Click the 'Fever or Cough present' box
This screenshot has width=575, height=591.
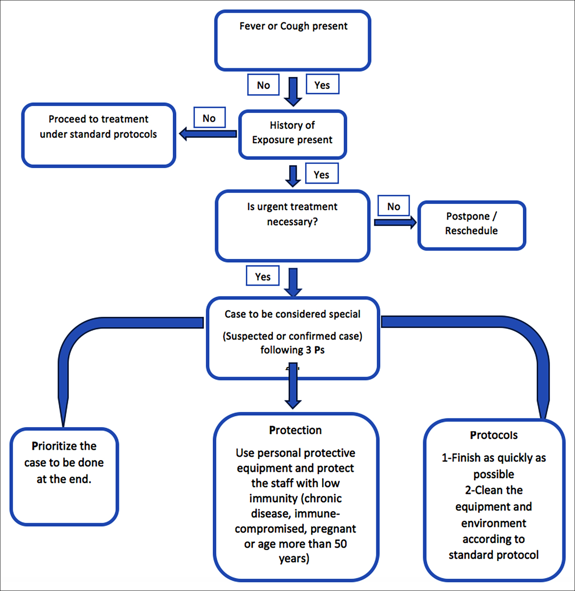click(293, 41)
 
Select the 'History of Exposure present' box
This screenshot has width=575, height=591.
click(293, 134)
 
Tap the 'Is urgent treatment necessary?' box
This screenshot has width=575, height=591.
click(293, 226)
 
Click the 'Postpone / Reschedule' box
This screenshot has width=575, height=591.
click(472, 225)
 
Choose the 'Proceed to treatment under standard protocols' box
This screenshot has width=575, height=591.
click(99, 135)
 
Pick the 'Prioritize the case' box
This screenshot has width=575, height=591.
click(64, 476)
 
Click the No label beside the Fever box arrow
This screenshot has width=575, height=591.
click(264, 85)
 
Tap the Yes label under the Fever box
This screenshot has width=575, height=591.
click(322, 85)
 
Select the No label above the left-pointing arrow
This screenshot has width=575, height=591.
click(209, 118)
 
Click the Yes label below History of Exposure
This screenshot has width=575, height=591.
click(322, 174)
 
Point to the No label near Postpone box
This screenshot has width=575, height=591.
click(393, 206)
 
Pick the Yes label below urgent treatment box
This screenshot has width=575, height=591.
click(263, 276)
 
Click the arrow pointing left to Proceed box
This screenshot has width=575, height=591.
click(208, 134)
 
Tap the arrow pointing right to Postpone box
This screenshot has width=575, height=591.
click(395, 222)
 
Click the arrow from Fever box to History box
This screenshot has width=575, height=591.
click(293, 92)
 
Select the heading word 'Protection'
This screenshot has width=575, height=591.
click(295, 430)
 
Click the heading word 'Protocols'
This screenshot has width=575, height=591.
click(494, 435)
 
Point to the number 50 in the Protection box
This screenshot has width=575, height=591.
click(340, 544)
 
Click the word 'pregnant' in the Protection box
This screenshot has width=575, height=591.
click(333, 529)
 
